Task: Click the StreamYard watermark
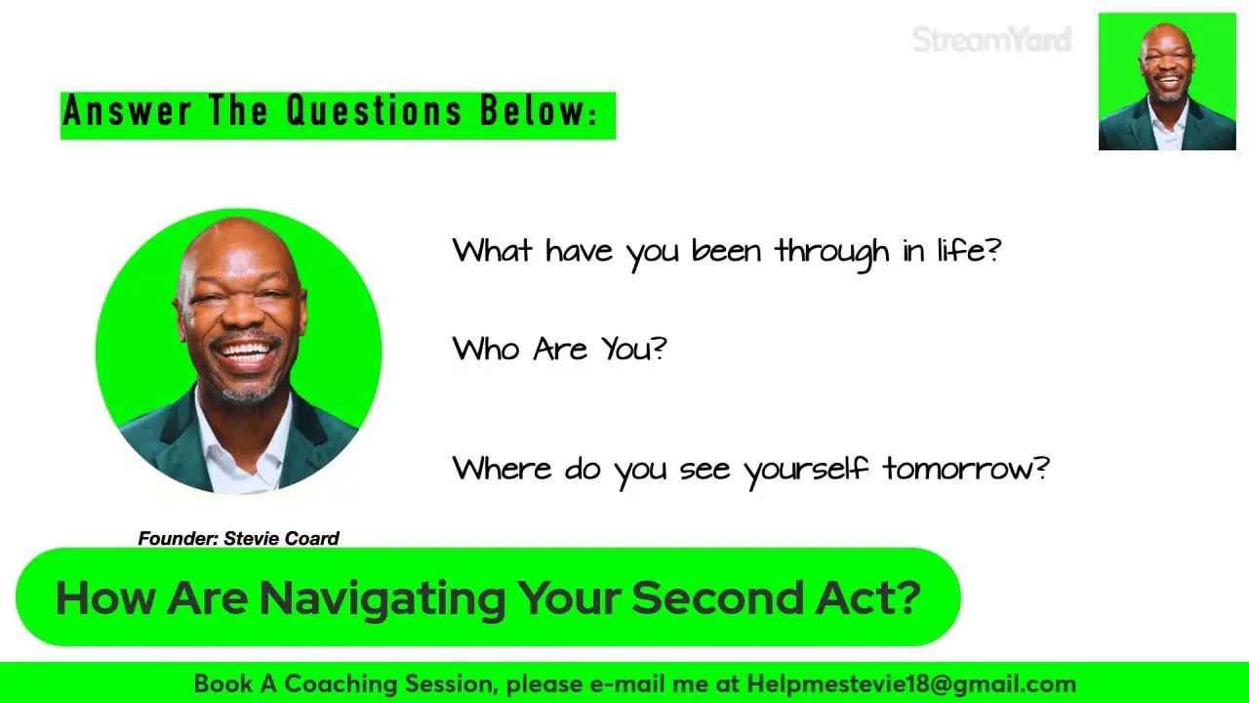(x=992, y=40)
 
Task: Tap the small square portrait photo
(x=1167, y=81)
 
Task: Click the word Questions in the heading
(x=374, y=110)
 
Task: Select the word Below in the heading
(x=534, y=110)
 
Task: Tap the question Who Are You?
(x=559, y=349)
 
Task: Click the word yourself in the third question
(x=806, y=471)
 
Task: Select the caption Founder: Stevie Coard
(x=238, y=538)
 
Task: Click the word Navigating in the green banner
(x=383, y=600)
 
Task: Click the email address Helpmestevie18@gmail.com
(x=911, y=684)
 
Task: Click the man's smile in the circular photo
(x=245, y=352)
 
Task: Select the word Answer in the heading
(x=127, y=110)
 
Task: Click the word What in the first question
(x=491, y=251)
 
